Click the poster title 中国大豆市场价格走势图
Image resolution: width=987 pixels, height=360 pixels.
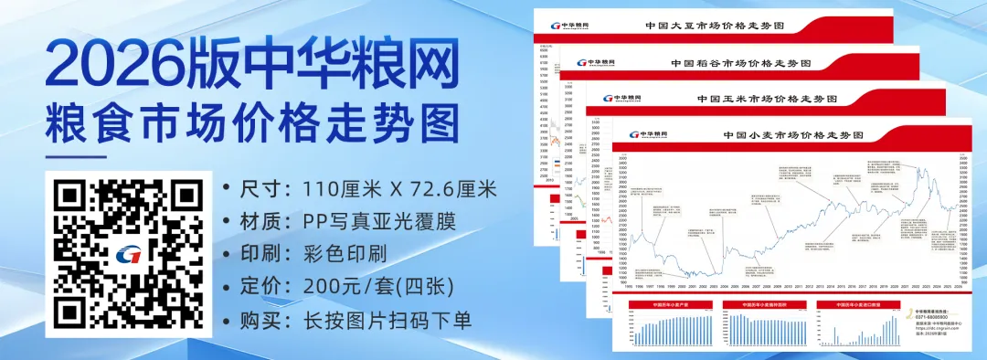tap(720, 27)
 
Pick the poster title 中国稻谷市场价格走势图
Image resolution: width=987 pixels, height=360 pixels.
tap(741, 63)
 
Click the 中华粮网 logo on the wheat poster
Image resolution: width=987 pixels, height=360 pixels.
tap(648, 134)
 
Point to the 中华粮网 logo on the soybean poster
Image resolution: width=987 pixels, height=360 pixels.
tap(570, 26)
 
